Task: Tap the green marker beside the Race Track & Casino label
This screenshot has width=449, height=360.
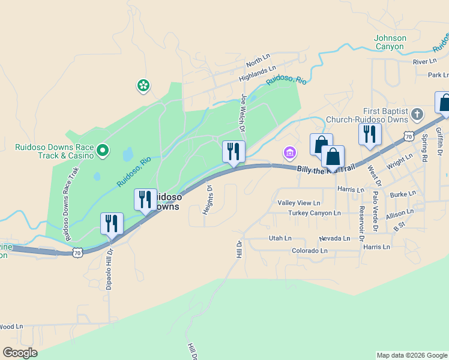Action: [x=103, y=150]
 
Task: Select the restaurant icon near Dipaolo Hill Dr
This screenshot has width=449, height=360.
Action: [x=112, y=223]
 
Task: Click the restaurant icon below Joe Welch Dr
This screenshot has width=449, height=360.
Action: [x=234, y=151]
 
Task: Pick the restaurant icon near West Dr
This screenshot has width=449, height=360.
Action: [x=370, y=134]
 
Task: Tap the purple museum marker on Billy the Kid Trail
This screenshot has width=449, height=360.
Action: [x=290, y=153]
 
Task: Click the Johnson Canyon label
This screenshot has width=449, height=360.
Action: [x=390, y=42]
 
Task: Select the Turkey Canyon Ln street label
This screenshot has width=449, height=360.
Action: [x=315, y=213]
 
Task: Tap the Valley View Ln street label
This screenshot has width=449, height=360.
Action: [x=298, y=203]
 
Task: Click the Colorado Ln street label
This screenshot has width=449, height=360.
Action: [x=310, y=251]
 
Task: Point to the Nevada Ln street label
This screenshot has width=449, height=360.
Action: [x=334, y=238]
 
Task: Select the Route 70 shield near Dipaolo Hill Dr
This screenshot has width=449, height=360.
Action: [x=77, y=253]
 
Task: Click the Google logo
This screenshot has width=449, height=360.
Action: [x=20, y=353]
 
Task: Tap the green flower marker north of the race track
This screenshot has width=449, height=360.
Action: [x=143, y=86]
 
